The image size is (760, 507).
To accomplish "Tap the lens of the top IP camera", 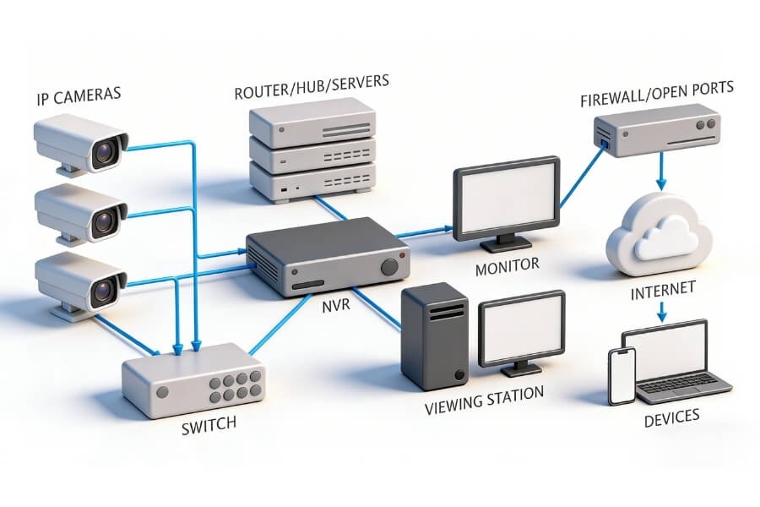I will pyautogui.click(x=106, y=153).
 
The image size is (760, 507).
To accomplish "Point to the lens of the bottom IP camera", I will pyautogui.click(x=106, y=291).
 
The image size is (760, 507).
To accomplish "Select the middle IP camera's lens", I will pyautogui.click(x=106, y=222).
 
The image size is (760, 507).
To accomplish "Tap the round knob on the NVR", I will pyautogui.click(x=389, y=267).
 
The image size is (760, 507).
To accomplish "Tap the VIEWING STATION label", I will pyautogui.click(x=484, y=397).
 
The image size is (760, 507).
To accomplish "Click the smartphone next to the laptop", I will pyautogui.click(x=622, y=376).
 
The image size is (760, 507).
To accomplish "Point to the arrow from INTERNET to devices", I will pyautogui.click(x=662, y=312).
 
